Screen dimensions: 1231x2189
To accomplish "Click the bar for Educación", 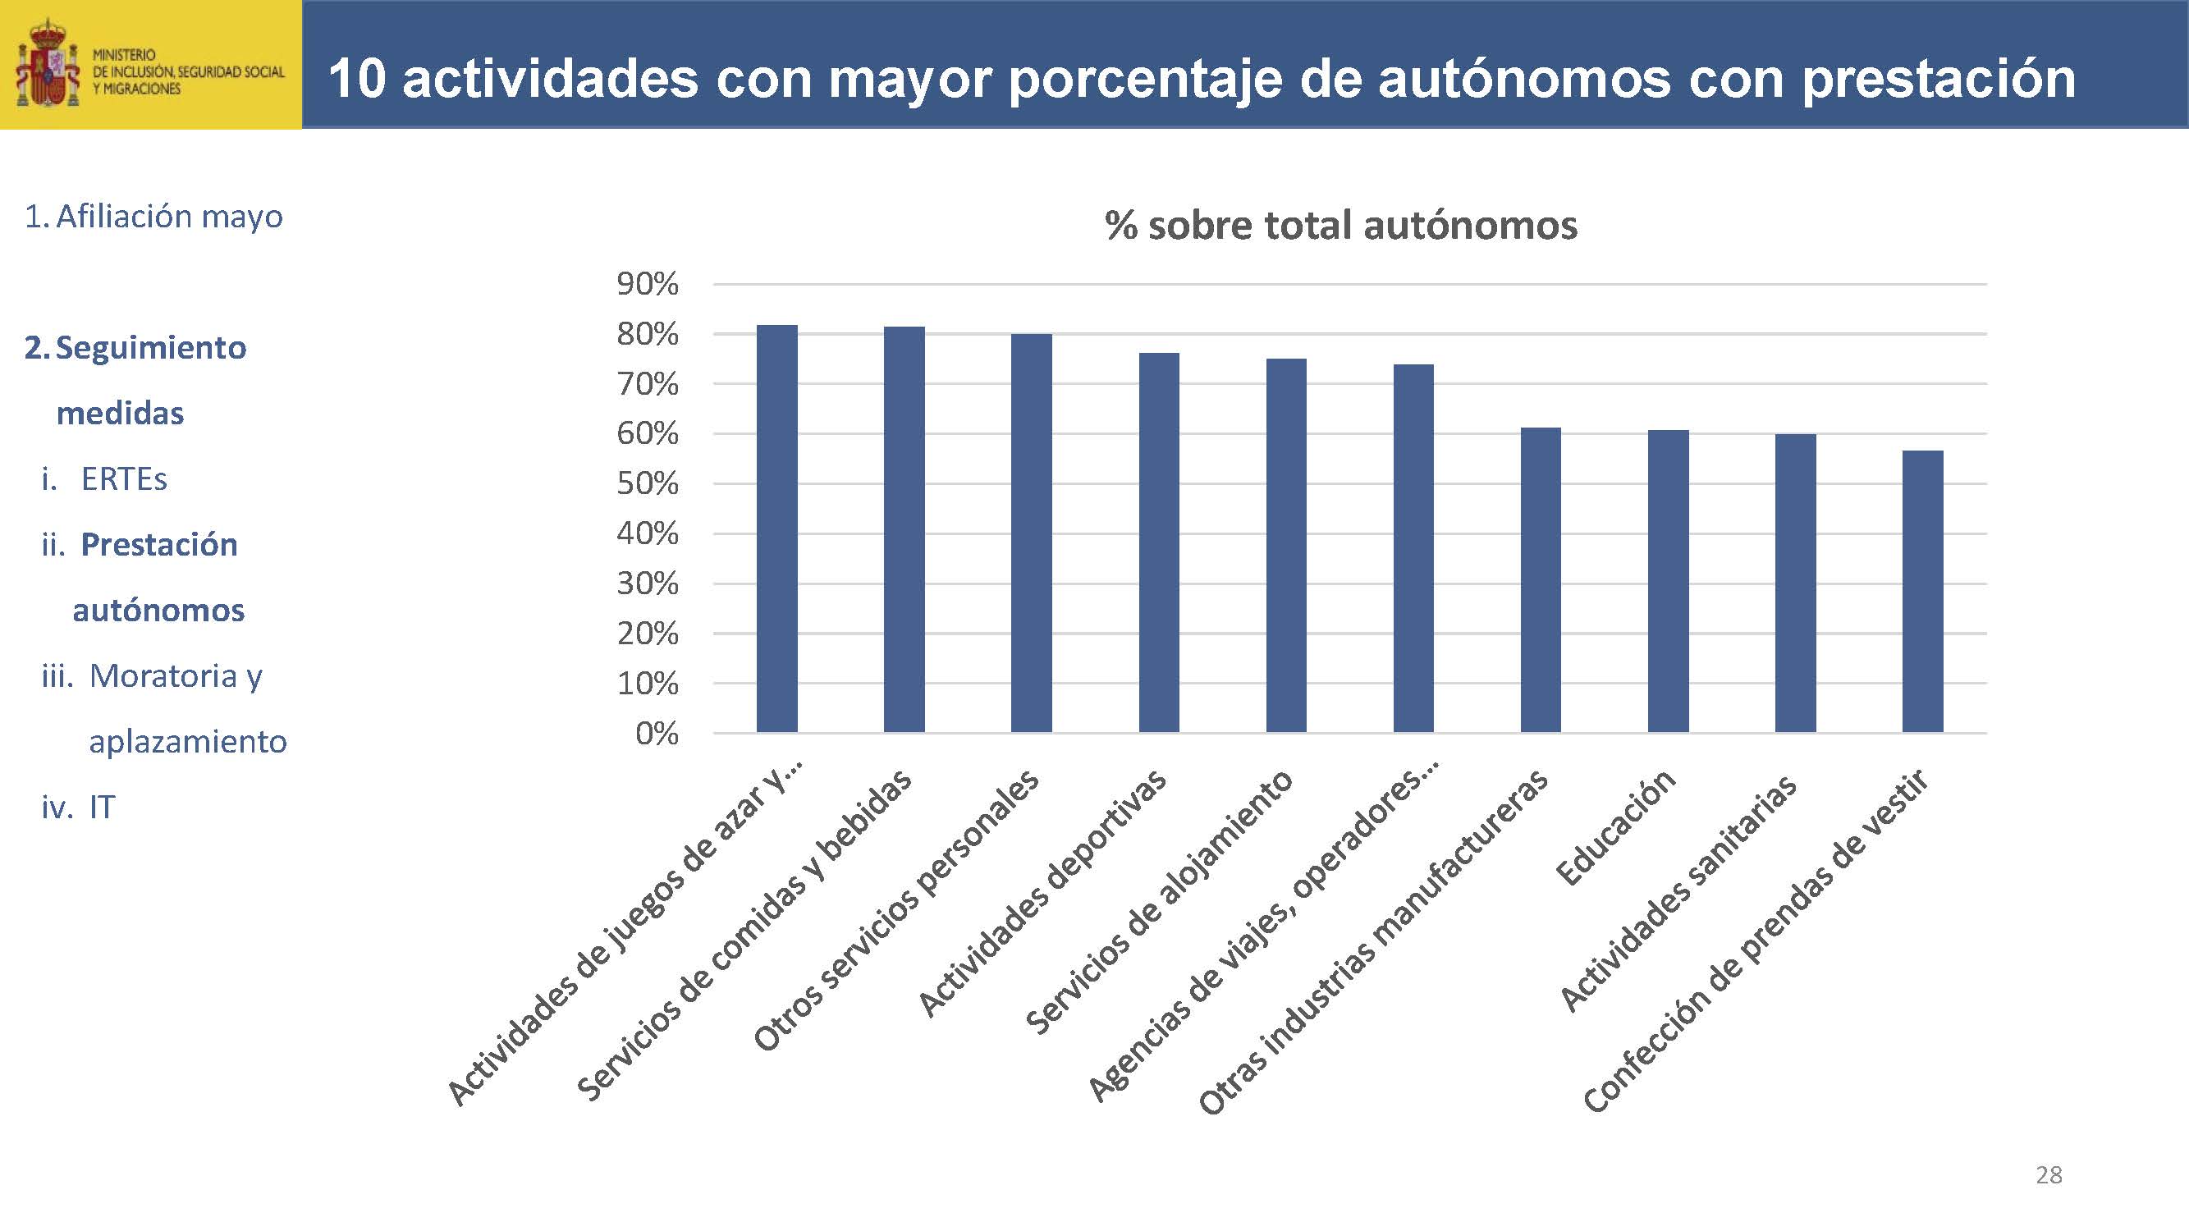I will pos(1668,581).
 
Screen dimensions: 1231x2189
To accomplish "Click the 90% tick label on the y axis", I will pos(648,285).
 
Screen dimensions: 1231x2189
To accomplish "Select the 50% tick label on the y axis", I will pos(648,484).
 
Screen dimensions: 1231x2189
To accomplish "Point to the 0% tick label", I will pos(657,734).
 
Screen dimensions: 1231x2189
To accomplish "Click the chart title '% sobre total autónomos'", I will pos(1341,226).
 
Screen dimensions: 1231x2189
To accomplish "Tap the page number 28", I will pos(2049,1175).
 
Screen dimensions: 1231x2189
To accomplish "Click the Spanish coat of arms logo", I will pos(48,66).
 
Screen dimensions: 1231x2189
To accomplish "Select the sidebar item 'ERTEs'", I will pos(124,480).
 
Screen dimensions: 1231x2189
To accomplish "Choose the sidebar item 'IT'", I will pos(102,807).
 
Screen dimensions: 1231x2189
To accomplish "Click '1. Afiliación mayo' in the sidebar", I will pos(153,217).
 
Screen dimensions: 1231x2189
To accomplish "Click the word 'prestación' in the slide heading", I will pos(1939,79).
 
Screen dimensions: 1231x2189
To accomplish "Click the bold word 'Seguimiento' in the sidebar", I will pos(151,348).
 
